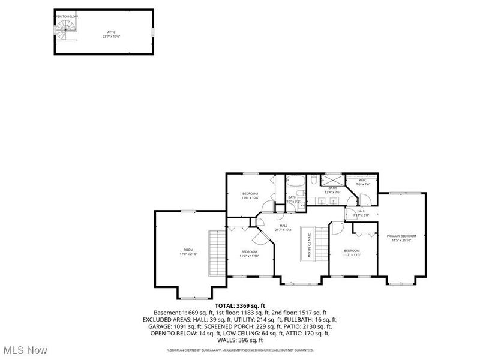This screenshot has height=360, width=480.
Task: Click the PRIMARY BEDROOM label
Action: point(401,238)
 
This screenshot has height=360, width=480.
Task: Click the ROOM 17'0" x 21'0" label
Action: point(189,252)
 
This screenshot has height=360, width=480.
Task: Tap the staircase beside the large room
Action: point(215,253)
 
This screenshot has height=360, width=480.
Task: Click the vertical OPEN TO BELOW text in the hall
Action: point(309,245)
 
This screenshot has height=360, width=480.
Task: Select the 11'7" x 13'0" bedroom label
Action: point(352,253)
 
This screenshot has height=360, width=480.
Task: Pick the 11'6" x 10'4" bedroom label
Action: point(250,195)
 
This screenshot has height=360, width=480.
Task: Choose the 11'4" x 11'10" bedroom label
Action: point(249,254)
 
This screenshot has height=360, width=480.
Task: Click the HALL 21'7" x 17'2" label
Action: point(283,227)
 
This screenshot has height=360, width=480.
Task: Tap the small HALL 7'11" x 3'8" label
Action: point(361,213)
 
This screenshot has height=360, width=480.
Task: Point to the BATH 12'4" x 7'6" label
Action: point(332,190)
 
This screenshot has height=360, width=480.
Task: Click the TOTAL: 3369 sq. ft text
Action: point(240,306)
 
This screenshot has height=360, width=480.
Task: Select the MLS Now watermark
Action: point(25,349)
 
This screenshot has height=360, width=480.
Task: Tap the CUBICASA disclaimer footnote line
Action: point(240,350)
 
